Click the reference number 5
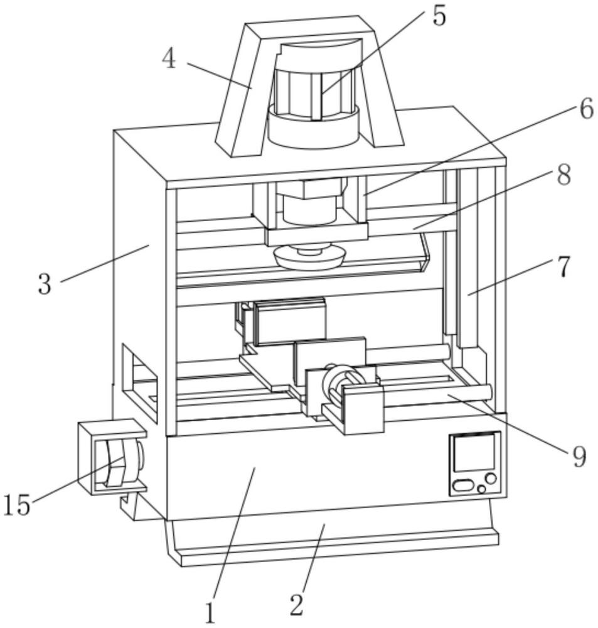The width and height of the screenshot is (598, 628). (x=439, y=16)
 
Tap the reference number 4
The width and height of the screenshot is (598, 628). (x=169, y=60)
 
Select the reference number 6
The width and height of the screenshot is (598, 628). (x=586, y=109)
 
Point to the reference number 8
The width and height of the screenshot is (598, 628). (x=563, y=175)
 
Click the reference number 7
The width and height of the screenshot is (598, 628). (x=563, y=268)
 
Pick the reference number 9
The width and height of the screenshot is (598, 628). (x=579, y=457)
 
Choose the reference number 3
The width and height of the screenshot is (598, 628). (x=45, y=284)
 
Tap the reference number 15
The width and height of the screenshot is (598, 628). (x=17, y=505)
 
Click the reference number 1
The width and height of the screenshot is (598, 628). (x=210, y=613)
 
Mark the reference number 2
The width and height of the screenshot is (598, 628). (x=296, y=605)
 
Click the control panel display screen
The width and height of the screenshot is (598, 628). (x=475, y=452)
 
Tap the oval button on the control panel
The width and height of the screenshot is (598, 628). (x=462, y=486)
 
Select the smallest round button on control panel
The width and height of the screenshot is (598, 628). (x=481, y=489)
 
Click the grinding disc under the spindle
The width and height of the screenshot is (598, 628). (x=309, y=258)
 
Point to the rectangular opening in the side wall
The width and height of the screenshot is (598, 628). (x=139, y=382)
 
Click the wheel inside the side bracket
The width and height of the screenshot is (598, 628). (x=118, y=463)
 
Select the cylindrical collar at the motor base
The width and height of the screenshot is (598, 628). (x=313, y=127)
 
